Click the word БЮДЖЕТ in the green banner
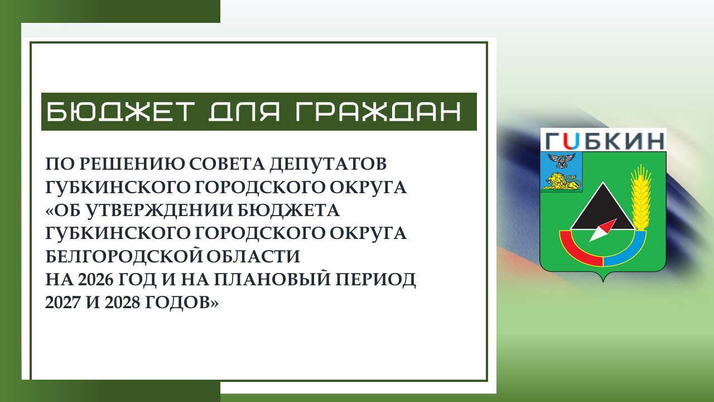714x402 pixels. coord(121,112)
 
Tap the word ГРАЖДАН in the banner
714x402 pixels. coord(378,112)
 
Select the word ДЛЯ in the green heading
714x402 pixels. coord(244,112)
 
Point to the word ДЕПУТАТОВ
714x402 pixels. coord(329,164)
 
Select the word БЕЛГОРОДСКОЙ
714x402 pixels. coord(124,256)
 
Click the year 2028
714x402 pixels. coord(122,303)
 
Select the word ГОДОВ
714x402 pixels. coord(177,303)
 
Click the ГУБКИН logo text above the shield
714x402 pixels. coord(604,141)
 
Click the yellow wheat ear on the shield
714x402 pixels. coord(641,198)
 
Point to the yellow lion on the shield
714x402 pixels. coord(563,182)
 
